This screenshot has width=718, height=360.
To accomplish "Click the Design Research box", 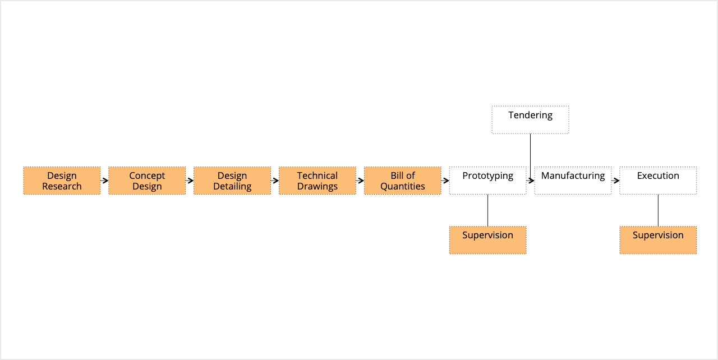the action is [x=62, y=181].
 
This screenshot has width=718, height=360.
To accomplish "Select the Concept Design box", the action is [x=147, y=181].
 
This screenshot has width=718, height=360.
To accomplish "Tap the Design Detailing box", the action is [x=232, y=181].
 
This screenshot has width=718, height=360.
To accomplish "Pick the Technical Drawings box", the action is [x=317, y=181].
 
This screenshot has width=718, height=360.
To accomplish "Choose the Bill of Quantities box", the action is [x=403, y=181].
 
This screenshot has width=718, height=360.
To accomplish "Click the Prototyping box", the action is [x=488, y=181].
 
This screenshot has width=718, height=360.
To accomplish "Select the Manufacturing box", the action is [x=573, y=181].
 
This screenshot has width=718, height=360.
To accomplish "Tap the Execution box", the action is [x=658, y=181].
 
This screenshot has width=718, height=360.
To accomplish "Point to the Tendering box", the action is [x=531, y=120].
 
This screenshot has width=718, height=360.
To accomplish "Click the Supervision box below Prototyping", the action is [x=488, y=240].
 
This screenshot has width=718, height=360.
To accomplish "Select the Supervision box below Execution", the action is [x=658, y=240].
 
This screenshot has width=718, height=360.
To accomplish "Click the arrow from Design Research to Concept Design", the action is [x=104, y=181].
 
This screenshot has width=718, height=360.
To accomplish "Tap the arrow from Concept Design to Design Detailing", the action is [x=190, y=181].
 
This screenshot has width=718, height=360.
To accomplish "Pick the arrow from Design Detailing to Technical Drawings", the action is [x=275, y=181].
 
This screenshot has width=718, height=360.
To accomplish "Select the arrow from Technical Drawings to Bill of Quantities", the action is [x=360, y=181].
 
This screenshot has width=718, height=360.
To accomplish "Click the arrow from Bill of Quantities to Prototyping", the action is [x=445, y=181].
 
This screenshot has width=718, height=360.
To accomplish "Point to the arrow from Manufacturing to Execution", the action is [x=615, y=181].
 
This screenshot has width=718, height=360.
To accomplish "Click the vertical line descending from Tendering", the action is [x=531, y=157].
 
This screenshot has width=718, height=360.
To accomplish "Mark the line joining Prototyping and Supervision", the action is [x=488, y=210].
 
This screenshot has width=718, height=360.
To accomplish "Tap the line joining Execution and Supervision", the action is [x=659, y=210].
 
